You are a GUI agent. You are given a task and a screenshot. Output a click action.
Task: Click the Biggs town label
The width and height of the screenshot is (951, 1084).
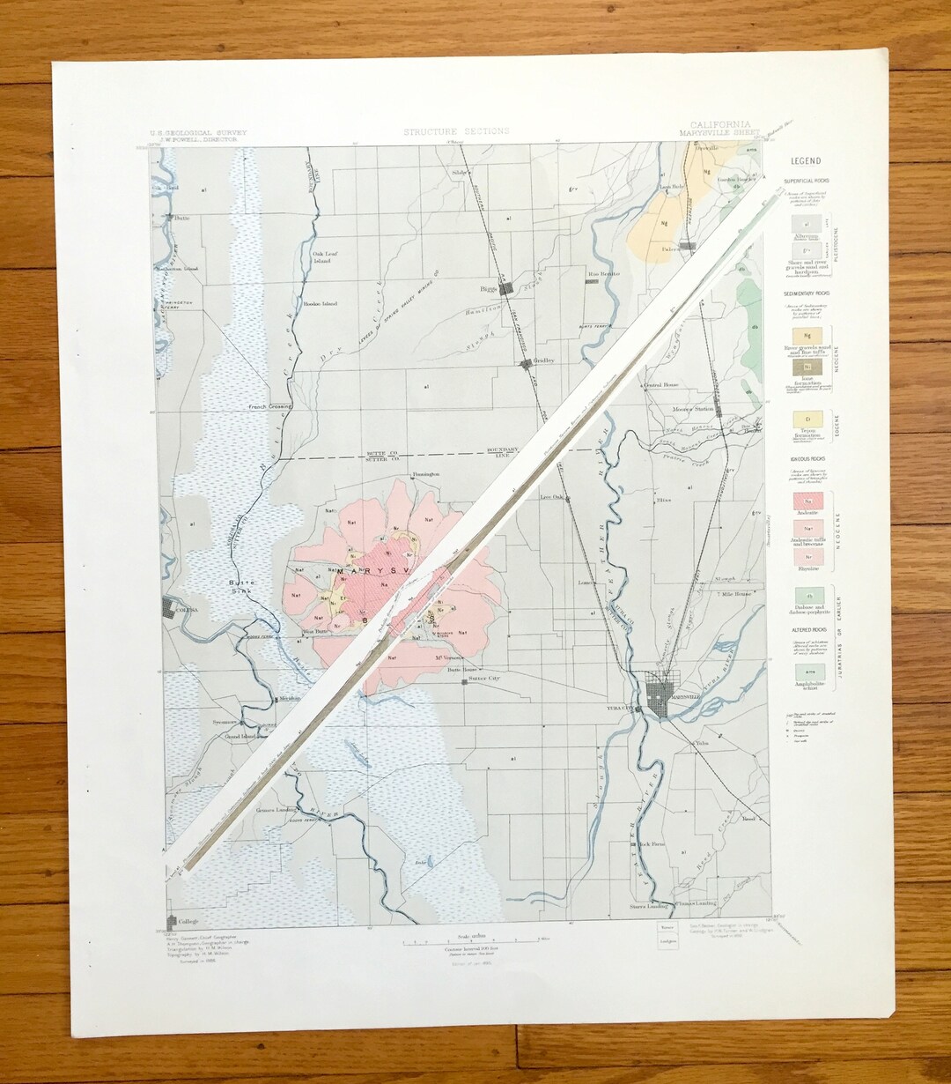(x=489, y=288)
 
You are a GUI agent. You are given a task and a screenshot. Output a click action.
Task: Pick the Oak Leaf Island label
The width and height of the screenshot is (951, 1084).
(x=325, y=257)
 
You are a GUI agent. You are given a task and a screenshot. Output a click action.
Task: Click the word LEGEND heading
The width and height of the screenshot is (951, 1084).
(x=805, y=161)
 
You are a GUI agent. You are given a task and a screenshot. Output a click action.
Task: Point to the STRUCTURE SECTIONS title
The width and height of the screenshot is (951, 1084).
(x=456, y=131)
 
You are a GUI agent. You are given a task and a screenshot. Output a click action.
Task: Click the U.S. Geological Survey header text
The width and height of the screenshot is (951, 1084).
(x=198, y=132)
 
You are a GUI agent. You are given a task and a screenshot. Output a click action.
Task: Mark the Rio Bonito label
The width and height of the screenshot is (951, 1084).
(x=604, y=274)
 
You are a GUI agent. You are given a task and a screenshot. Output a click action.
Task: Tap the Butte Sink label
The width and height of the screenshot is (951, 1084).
(x=240, y=586)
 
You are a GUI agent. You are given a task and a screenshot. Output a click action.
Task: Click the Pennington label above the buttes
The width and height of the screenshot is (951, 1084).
(x=423, y=475)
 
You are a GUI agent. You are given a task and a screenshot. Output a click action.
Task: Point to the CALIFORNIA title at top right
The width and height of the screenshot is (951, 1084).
(x=720, y=125)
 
